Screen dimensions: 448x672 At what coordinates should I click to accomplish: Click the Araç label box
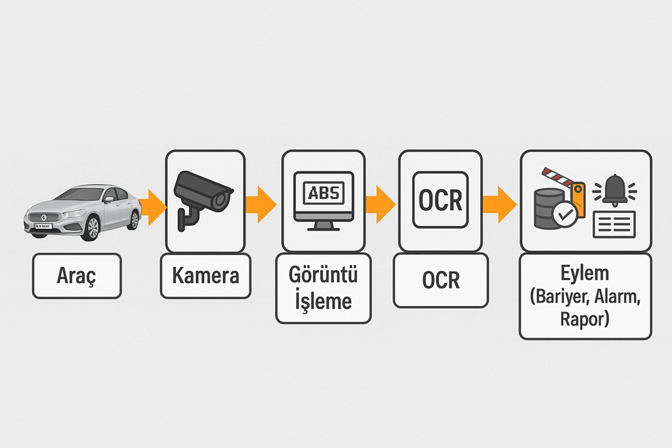coord(77,276)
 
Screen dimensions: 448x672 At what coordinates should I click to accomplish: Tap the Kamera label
coord(205,276)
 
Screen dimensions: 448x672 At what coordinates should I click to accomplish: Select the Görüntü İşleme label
coord(323,288)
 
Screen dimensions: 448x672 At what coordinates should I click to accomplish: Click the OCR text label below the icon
coord(440,280)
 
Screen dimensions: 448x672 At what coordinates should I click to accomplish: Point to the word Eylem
coord(585,273)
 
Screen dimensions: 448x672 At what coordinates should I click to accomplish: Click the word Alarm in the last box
coord(616,296)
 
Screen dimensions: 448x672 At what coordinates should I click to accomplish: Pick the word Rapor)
coord(585,320)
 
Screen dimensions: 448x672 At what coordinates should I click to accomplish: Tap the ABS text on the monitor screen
coord(323,193)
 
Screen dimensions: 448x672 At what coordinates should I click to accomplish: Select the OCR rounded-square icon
coord(440,200)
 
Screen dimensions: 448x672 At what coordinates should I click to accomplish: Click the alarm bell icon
coord(615,190)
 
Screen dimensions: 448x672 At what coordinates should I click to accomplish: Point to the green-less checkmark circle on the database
coord(565,213)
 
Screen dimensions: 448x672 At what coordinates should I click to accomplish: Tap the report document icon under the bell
coord(616,225)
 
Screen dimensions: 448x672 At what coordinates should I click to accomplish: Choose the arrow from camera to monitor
coord(261,204)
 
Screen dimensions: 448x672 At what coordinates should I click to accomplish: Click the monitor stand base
coord(323,227)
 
